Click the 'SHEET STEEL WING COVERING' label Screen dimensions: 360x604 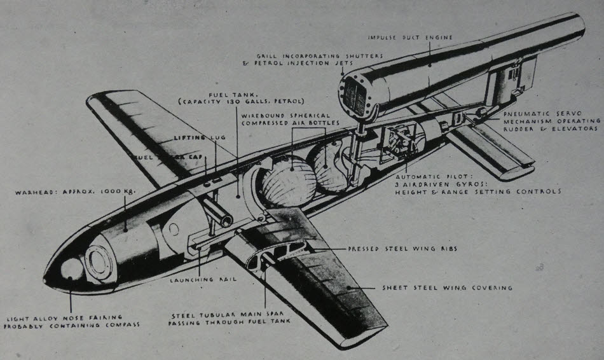(447, 287)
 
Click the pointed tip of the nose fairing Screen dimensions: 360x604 (46, 279)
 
